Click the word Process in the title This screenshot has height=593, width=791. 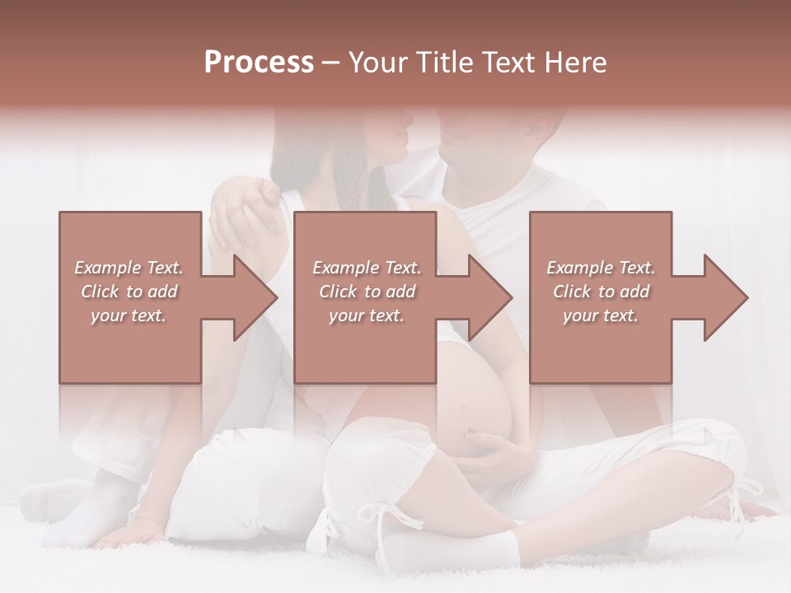[x=259, y=63]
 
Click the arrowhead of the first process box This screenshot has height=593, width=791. [x=256, y=297]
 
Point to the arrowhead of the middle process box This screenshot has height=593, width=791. [x=491, y=297]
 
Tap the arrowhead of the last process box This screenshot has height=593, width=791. [x=726, y=297]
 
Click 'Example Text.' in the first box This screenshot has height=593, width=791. [x=129, y=268]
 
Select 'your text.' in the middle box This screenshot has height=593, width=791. [x=366, y=315]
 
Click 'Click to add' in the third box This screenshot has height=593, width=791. [x=601, y=292]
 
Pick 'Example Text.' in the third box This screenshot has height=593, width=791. [x=601, y=268]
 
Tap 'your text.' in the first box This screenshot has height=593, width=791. [x=129, y=315]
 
